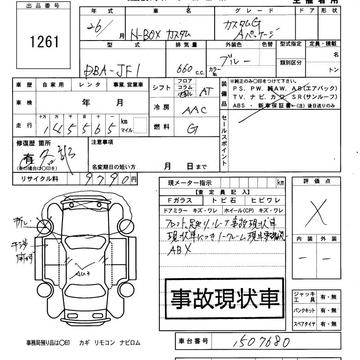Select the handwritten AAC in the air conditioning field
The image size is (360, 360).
click(194, 109)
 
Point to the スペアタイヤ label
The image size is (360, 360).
click(305, 324)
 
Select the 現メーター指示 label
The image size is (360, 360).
click(189, 183)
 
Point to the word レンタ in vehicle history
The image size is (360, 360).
click(90, 84)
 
